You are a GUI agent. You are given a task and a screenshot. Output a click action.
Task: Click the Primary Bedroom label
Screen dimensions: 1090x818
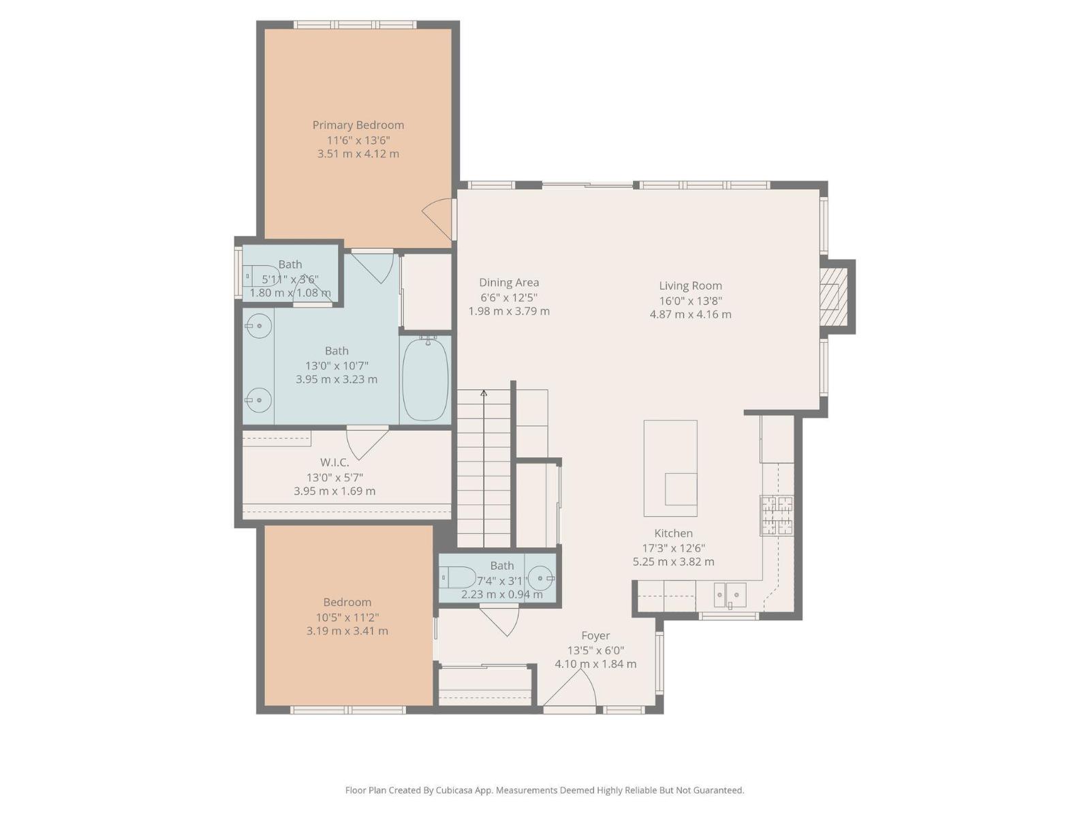[358, 125]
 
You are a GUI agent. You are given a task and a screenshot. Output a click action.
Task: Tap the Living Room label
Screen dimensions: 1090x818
[690, 286]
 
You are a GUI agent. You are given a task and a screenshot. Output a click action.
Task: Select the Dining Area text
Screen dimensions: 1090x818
[509, 283]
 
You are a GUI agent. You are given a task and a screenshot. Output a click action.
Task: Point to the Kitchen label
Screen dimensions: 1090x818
[673, 534]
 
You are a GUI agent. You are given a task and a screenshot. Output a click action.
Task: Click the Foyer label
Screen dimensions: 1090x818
[595, 636]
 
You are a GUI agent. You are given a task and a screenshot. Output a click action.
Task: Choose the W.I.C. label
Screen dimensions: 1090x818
[334, 462]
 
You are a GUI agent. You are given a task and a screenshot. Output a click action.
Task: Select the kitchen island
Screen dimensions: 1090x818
[670, 468]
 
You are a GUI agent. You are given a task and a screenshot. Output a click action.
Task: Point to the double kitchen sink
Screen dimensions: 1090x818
[730, 594]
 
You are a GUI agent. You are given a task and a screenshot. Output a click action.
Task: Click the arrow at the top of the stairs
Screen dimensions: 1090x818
[484, 394]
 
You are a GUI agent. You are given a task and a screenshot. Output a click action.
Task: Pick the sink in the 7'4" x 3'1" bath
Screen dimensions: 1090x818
[541, 578]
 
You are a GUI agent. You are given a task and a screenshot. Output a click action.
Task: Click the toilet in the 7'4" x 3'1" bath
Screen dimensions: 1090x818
[458, 577]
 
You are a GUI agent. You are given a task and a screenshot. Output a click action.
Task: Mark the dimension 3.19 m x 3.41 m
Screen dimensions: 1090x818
[347, 631]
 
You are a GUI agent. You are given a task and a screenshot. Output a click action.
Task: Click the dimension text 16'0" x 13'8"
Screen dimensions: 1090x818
[690, 301]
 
